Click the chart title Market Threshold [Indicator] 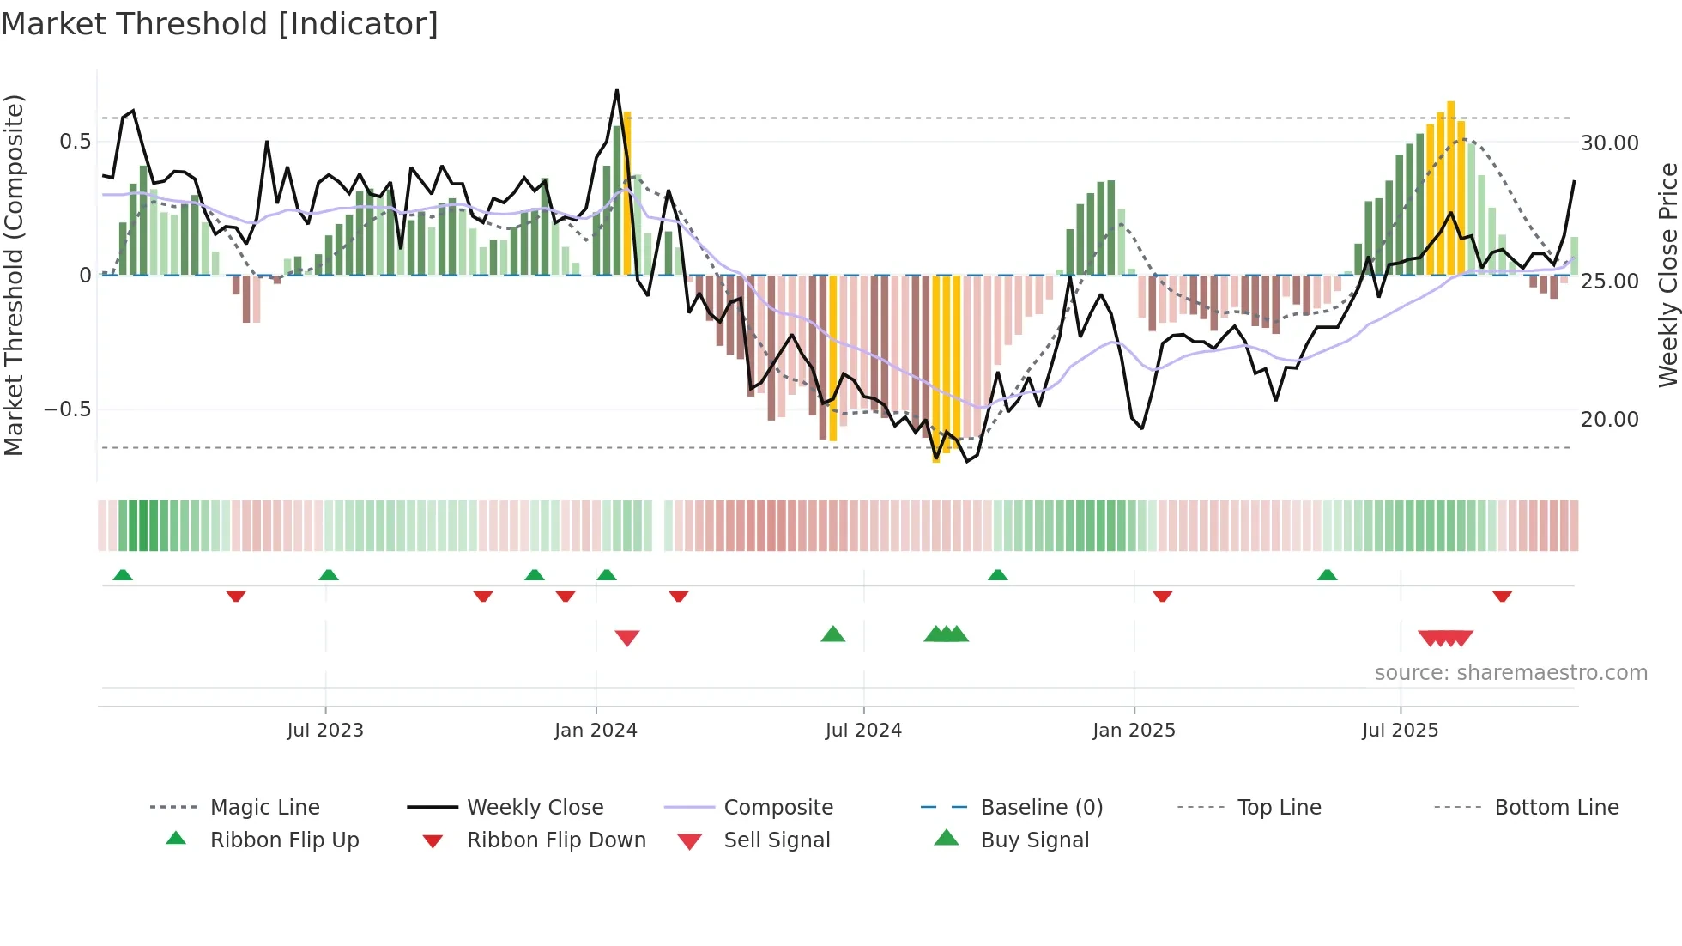(220, 24)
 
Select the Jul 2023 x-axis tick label (325, 731)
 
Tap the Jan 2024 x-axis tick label (596, 731)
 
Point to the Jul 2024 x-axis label (863, 731)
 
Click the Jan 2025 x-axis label (1134, 731)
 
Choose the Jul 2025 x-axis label (1400, 731)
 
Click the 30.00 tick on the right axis (1609, 143)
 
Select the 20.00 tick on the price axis (1609, 420)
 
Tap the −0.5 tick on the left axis (68, 409)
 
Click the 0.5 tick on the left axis (75, 142)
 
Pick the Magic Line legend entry (264, 808)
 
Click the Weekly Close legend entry (535, 808)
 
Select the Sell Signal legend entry (777, 840)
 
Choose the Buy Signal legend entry (1034, 840)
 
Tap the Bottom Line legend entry (1556, 808)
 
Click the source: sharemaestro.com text (1510, 673)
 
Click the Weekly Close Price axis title (1667, 275)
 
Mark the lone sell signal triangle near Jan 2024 (627, 638)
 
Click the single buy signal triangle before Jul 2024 (832, 635)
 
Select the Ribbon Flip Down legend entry (556, 840)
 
